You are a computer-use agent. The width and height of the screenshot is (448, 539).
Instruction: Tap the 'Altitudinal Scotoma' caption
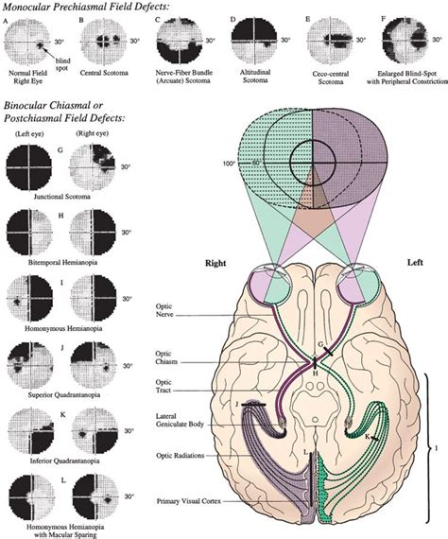click(249, 78)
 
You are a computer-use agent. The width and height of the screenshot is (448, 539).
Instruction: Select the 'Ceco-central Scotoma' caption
click(327, 78)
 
